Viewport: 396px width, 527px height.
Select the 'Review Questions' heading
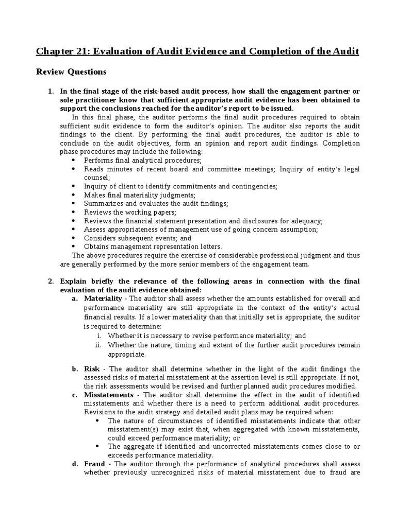(71, 72)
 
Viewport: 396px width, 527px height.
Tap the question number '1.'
(51, 91)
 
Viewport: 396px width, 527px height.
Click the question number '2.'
(51, 281)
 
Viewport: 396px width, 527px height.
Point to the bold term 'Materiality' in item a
(103, 298)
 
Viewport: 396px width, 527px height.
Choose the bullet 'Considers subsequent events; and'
(137, 238)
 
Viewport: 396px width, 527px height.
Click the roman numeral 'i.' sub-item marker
(99, 336)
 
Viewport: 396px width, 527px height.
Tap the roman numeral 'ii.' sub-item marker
(98, 345)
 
